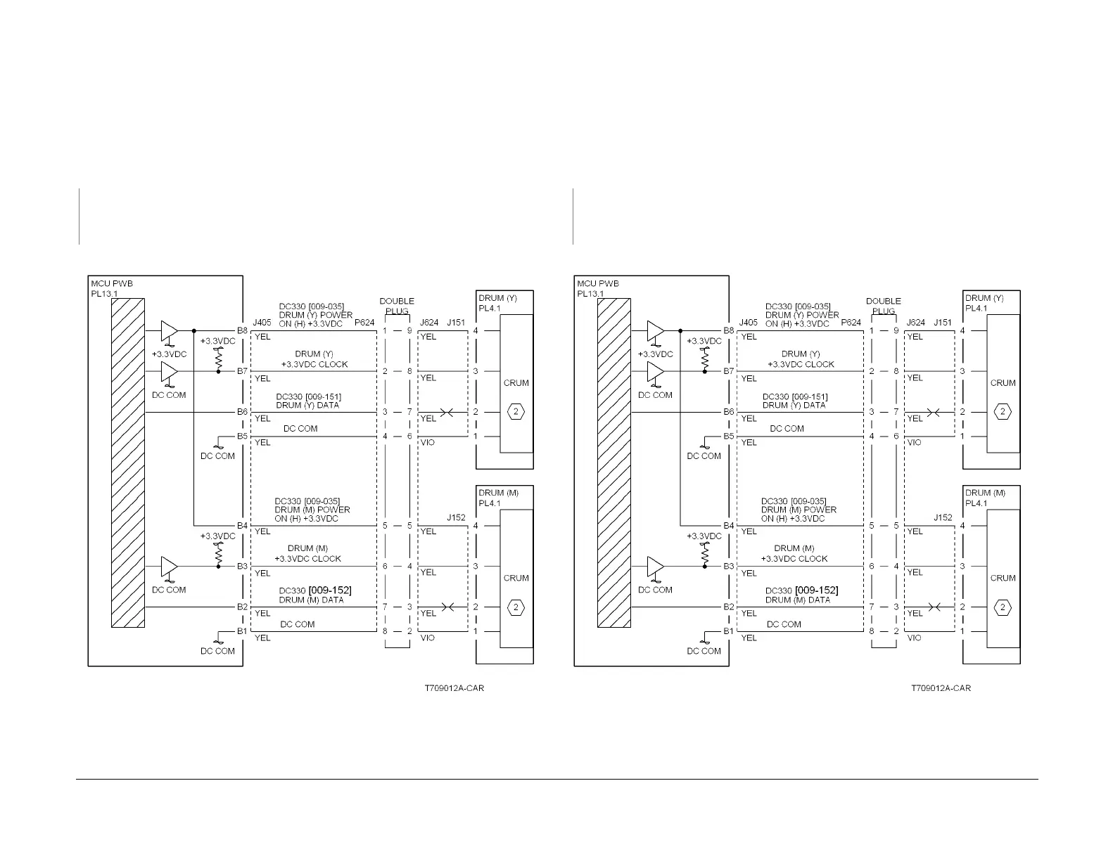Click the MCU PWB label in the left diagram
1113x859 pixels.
[x=112, y=284]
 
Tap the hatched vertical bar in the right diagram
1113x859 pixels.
[x=614, y=463]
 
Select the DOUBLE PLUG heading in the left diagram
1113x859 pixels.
[x=397, y=306]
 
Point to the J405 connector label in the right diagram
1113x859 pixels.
[x=749, y=323]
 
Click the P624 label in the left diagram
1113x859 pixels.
[x=364, y=323]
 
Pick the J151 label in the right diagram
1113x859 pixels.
[x=943, y=323]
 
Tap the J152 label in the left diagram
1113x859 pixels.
[x=456, y=517]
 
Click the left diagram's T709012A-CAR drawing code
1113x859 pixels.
[x=454, y=687]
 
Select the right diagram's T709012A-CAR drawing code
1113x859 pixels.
[x=941, y=687]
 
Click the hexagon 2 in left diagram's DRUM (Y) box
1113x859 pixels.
[x=516, y=412]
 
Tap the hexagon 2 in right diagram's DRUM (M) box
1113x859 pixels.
[x=1003, y=607]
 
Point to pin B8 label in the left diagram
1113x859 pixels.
[x=242, y=330]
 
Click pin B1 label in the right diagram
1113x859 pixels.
[x=729, y=631]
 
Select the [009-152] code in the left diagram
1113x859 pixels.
[x=331, y=590]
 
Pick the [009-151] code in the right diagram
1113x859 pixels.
[x=811, y=396]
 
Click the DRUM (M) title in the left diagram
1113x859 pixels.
[x=498, y=493]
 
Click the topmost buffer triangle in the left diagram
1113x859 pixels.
[x=169, y=330]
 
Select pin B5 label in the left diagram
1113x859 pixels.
[x=242, y=437]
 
